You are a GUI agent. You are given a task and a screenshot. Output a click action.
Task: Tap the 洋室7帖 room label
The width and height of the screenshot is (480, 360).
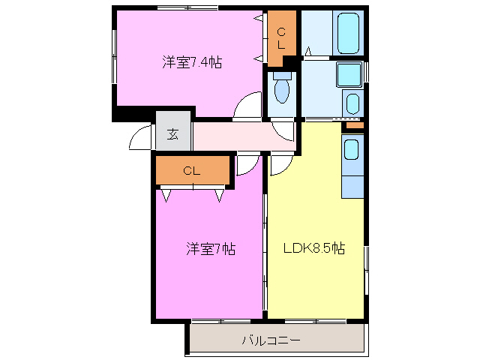[x=211, y=249]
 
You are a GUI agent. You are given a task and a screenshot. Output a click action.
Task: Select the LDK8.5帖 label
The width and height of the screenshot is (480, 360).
[x=313, y=248]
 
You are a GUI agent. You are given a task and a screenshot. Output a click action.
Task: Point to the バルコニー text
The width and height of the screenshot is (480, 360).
[x=271, y=340]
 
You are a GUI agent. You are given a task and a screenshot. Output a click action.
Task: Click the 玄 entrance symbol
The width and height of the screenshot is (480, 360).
[x=172, y=134]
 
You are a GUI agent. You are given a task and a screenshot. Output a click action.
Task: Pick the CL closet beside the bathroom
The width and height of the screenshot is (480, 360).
[x=282, y=37]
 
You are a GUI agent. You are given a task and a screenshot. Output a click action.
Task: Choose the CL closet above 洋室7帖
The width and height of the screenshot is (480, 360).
[x=192, y=171]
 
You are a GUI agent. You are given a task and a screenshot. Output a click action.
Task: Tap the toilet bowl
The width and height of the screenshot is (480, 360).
[x=282, y=90]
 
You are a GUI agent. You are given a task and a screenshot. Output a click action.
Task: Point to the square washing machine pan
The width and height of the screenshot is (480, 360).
[x=349, y=75]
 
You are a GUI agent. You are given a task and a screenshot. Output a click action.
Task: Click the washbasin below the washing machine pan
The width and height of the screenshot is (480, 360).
[x=352, y=103]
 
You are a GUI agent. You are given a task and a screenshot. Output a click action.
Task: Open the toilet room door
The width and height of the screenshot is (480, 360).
[x=283, y=130]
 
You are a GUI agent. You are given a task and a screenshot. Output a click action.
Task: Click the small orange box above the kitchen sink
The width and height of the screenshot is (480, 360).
[x=354, y=125]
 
